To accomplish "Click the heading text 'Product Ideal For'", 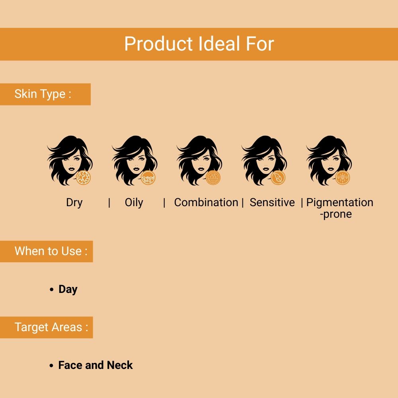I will pyautogui.click(x=199, y=44).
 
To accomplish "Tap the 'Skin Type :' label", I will pyautogui.click(x=43, y=94).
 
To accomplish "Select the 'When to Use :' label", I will pyautogui.click(x=51, y=251).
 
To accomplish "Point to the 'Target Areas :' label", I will pyautogui.click(x=51, y=327).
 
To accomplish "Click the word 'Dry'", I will pyautogui.click(x=74, y=203).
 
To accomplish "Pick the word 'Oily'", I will pyautogui.click(x=134, y=203).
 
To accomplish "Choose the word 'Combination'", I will pyautogui.click(x=206, y=203).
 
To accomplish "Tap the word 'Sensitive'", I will pyautogui.click(x=272, y=203).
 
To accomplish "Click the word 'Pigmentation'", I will pyautogui.click(x=340, y=203).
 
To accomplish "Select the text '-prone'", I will pyautogui.click(x=336, y=214).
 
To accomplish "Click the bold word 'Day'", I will pyautogui.click(x=68, y=289).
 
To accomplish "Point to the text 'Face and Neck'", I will pyautogui.click(x=96, y=365).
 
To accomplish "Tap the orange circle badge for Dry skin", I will pyautogui.click(x=84, y=178).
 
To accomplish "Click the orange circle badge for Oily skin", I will pyautogui.click(x=148, y=178).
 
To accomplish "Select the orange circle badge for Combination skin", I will pyautogui.click(x=213, y=178).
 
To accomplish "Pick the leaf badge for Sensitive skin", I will pyautogui.click(x=278, y=178).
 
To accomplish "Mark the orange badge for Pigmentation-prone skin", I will pyautogui.click(x=343, y=178).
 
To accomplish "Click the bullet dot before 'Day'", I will pyautogui.click(x=52, y=290).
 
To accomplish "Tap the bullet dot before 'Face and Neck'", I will pyautogui.click(x=52, y=366).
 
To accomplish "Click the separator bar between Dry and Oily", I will pyautogui.click(x=109, y=203).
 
